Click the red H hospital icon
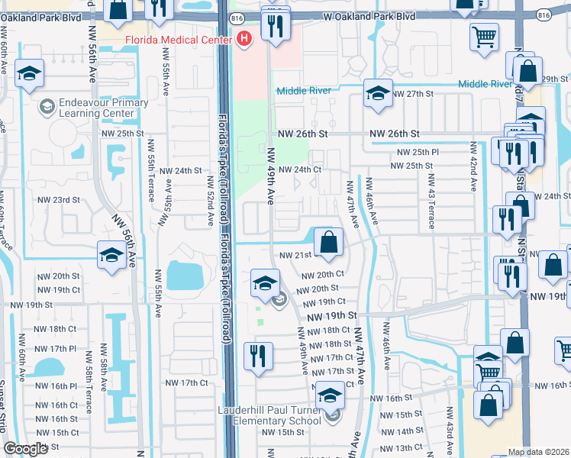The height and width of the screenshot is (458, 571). [x=244, y=38]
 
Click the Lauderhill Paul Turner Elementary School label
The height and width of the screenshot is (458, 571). [x=259, y=415]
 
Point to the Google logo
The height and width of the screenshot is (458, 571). [x=25, y=449]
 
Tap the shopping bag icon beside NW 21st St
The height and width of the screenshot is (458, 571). [x=327, y=243]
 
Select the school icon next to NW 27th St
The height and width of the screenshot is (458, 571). [x=377, y=94]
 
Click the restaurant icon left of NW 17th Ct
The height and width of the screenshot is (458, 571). [x=258, y=356]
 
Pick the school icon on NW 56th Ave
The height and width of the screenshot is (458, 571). [x=111, y=256]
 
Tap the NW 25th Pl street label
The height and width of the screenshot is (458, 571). [x=413, y=152]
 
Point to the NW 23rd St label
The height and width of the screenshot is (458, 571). [x=59, y=200]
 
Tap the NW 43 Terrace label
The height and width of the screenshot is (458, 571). [x=431, y=202]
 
